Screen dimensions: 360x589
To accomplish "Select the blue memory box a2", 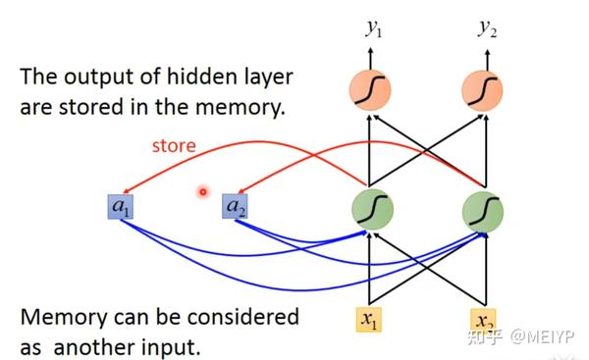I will point(235,207).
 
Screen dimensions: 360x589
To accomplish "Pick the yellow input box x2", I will point(483,320).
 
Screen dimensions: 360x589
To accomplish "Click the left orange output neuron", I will point(370,92).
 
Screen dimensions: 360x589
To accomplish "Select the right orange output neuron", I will point(483,92).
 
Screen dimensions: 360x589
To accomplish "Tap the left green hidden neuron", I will point(370,208).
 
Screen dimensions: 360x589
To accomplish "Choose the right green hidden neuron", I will point(483,208).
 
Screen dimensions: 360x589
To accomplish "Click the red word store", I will point(174,146).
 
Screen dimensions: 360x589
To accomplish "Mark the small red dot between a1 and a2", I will point(203,191).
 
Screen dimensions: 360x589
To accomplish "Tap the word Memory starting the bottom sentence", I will point(62,318).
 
